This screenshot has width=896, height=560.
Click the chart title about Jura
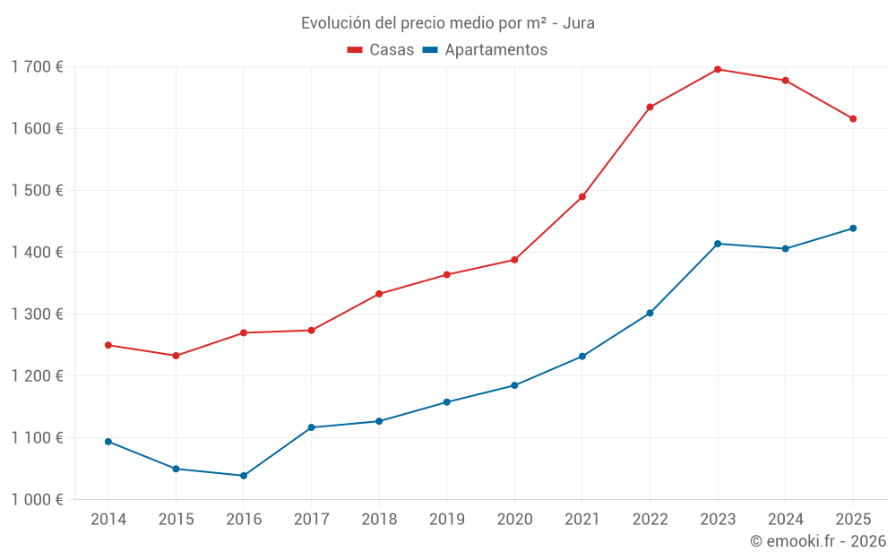pyautogui.click(x=447, y=23)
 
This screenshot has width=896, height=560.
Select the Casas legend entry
pyautogui.click(x=381, y=50)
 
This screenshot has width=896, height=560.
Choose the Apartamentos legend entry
pyautogui.click(x=484, y=50)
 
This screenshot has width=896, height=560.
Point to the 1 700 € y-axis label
pyautogui.click(x=37, y=67)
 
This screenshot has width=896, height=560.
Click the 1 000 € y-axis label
pyautogui.click(x=37, y=500)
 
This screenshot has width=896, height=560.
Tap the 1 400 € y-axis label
pyautogui.click(x=37, y=253)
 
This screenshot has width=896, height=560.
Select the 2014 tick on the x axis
pyautogui.click(x=108, y=520)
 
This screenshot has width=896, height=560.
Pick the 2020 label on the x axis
pyautogui.click(x=514, y=520)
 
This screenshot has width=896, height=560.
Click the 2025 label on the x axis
pyautogui.click(x=853, y=520)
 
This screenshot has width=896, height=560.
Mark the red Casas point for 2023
pyautogui.click(x=718, y=69)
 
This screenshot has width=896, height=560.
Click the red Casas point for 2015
pyautogui.click(x=176, y=356)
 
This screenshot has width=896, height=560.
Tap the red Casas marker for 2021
pyautogui.click(x=582, y=197)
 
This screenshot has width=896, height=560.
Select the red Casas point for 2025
pyautogui.click(x=853, y=119)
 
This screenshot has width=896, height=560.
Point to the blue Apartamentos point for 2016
pyautogui.click(x=244, y=476)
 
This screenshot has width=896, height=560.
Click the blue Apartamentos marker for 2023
pyautogui.click(x=718, y=244)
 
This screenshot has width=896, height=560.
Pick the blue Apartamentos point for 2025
pyautogui.click(x=853, y=228)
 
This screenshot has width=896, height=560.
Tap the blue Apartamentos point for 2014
pyautogui.click(x=108, y=442)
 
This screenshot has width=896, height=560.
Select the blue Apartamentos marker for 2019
pyautogui.click(x=447, y=402)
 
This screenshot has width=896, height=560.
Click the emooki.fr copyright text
pyautogui.click(x=818, y=541)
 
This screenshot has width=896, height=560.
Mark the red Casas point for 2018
pyautogui.click(x=379, y=294)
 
